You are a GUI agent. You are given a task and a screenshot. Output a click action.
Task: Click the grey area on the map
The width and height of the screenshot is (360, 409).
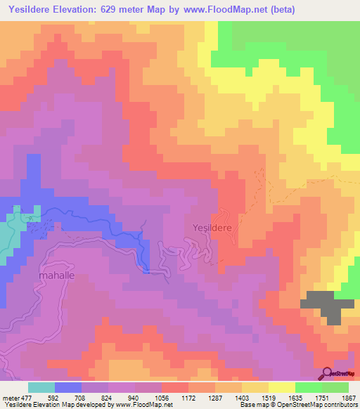coord(327,305)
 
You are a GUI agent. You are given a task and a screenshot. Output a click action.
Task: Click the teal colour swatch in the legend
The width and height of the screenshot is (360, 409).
coord(41,387)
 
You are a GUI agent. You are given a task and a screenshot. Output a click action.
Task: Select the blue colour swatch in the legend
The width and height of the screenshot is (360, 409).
coord(68,387)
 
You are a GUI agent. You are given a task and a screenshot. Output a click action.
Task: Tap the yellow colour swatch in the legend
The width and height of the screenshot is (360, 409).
coord(282,387)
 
